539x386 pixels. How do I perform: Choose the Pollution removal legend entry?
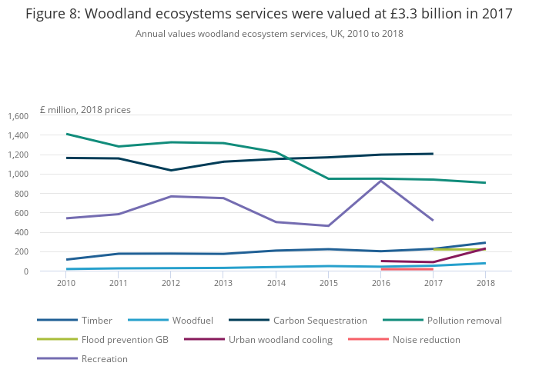[x=465, y=320]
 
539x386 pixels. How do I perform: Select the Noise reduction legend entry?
[x=426, y=339]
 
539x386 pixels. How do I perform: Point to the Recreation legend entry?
[x=105, y=358]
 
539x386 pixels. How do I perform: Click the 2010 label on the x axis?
[x=67, y=284]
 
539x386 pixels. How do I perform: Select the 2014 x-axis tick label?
[x=276, y=284]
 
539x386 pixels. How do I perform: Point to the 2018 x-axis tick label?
[x=485, y=284]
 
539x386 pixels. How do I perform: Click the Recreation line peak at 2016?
[x=380, y=181]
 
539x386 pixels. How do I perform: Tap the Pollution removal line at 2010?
[x=67, y=134]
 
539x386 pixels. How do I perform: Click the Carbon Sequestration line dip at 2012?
[x=171, y=170]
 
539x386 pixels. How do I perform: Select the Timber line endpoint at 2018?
[x=485, y=243]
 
